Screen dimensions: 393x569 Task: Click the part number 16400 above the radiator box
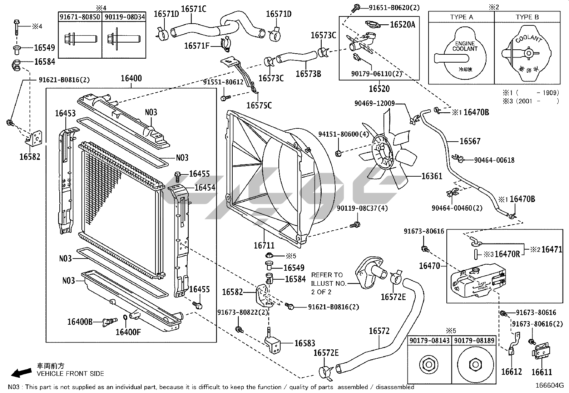pyautogui.click(x=131, y=79)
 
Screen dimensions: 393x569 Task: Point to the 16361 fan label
pyautogui.click(x=432, y=176)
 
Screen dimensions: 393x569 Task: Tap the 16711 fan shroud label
pyautogui.click(x=264, y=246)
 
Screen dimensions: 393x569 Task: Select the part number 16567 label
pyautogui.click(x=470, y=141)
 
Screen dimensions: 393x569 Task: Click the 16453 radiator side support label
pyautogui.click(x=65, y=113)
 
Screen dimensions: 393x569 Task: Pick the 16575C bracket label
pyautogui.click(x=259, y=105)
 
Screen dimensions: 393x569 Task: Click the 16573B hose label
pyautogui.click(x=308, y=74)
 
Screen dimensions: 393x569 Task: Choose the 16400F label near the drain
pyautogui.click(x=128, y=332)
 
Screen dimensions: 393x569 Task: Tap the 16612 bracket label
pyautogui.click(x=511, y=372)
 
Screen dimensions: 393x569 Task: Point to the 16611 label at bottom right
pyautogui.click(x=541, y=372)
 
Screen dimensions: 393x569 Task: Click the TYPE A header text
pyautogui.click(x=461, y=17)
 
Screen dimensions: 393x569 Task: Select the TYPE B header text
pyautogui.click(x=527, y=17)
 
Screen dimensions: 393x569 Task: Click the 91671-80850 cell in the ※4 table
pyautogui.click(x=80, y=16)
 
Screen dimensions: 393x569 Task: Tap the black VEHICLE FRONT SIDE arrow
pyautogui.click(x=21, y=373)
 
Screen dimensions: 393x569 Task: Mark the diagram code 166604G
pyautogui.click(x=549, y=385)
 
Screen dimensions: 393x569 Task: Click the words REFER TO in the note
pyautogui.click(x=327, y=275)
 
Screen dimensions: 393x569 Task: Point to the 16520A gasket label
pyautogui.click(x=402, y=24)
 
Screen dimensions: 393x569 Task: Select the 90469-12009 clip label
pyautogui.click(x=374, y=104)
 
